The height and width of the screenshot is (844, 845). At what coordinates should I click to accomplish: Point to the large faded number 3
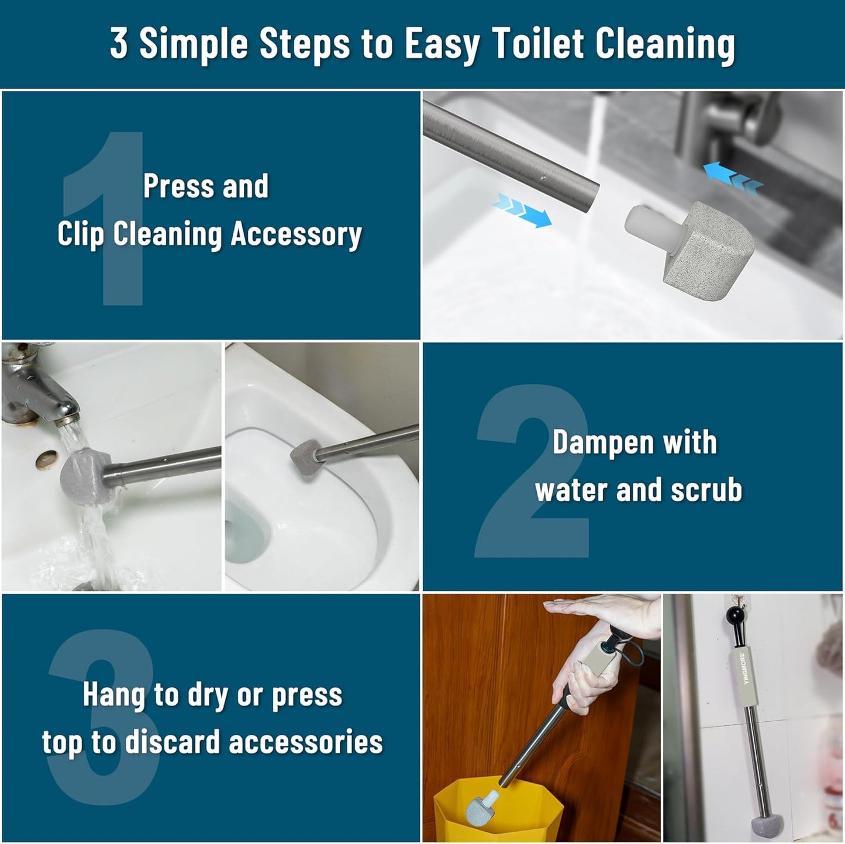[x=102, y=719]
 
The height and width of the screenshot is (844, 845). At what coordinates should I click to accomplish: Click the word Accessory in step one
[x=296, y=234]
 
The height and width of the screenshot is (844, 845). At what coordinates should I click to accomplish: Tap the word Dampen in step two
[x=594, y=442]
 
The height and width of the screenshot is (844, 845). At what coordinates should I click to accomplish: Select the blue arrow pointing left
[x=733, y=178]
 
